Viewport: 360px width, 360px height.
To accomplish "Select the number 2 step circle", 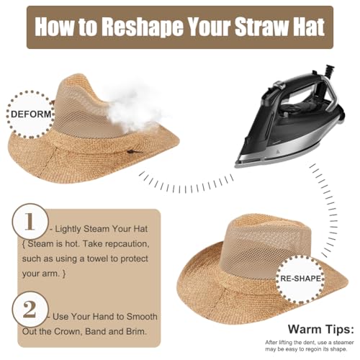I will coord(28,309).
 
